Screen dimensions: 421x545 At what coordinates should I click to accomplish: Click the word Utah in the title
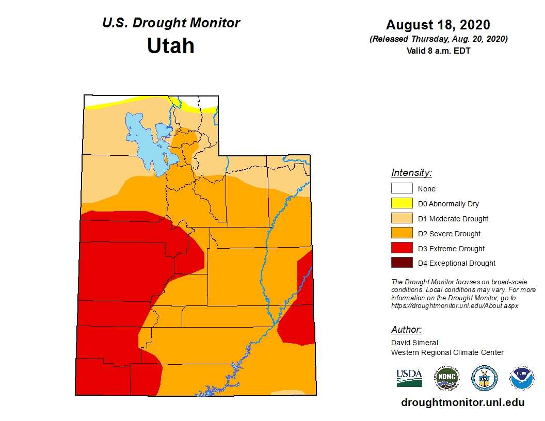click(171, 46)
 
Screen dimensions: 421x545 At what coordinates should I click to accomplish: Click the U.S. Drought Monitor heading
click(171, 23)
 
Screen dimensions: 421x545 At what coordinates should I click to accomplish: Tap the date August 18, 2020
click(438, 25)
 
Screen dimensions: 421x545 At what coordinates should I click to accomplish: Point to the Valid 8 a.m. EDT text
click(438, 51)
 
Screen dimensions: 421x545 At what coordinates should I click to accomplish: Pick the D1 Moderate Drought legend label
click(453, 219)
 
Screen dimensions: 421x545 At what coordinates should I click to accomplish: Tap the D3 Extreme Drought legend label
click(451, 249)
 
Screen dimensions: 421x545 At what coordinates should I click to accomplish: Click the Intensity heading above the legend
click(411, 173)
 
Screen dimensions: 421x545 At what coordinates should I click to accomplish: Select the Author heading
click(406, 330)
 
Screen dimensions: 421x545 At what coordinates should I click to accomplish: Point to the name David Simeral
click(414, 343)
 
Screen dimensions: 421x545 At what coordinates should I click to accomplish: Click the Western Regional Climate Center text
click(447, 352)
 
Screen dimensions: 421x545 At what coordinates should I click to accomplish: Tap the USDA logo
click(409, 378)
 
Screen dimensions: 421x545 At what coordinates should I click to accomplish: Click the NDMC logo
click(446, 378)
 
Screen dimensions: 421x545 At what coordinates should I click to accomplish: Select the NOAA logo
click(522, 378)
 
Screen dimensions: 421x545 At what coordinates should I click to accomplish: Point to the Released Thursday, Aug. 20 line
click(438, 39)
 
